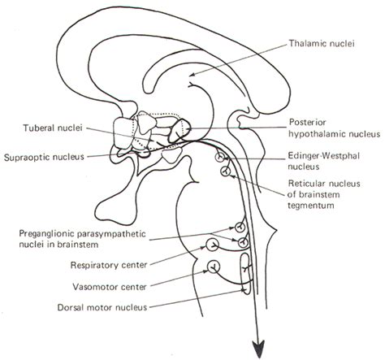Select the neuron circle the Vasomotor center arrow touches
point(214,265)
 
